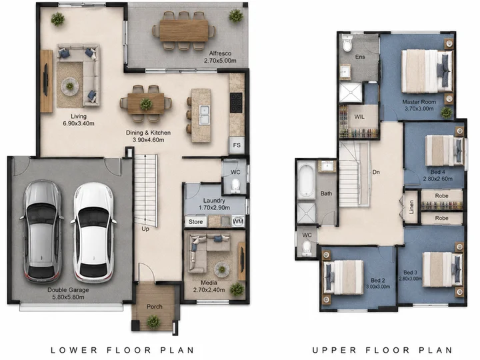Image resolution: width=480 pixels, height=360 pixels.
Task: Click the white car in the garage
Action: click(x=93, y=232)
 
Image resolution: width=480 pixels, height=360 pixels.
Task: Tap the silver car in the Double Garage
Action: click(x=42, y=231)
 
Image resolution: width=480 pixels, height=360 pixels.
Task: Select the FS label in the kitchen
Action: click(x=237, y=145)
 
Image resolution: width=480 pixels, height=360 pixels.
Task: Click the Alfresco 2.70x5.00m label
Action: click(x=220, y=57)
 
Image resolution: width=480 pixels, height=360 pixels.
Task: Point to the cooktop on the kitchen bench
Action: click(x=236, y=103)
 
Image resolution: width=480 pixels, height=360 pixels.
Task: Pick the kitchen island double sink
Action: click(x=205, y=115)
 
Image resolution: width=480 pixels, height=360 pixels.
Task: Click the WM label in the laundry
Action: click(x=238, y=221)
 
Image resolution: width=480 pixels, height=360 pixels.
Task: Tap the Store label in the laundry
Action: click(x=195, y=221)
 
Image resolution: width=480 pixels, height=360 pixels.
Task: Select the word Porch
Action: click(x=154, y=307)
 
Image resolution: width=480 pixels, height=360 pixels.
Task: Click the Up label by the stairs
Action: click(x=145, y=229)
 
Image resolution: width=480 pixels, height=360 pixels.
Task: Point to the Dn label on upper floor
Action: click(x=376, y=172)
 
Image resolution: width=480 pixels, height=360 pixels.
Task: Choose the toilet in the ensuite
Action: click(x=347, y=43)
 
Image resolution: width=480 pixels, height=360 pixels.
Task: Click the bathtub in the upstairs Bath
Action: click(x=306, y=181)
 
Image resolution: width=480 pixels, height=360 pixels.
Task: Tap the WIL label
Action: click(x=359, y=117)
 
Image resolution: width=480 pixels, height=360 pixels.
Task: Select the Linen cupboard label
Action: click(x=411, y=207)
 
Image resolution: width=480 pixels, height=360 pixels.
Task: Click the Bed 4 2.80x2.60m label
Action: click(x=438, y=175)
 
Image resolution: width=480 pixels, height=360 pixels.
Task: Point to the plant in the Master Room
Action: click(x=446, y=113)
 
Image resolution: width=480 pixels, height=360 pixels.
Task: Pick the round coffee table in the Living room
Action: click(x=70, y=87)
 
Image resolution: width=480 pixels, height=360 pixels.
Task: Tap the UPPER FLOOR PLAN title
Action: click(x=383, y=350)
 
